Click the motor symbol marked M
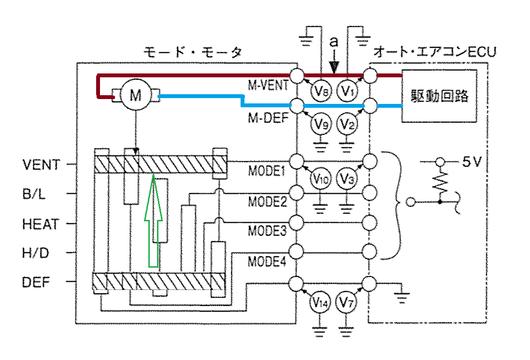pos(136,95)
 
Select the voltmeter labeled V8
pos(321,90)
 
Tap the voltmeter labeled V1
pos(347,90)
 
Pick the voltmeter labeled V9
pos(321,124)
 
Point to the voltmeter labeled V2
pos(347,124)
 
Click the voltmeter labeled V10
pos(320,178)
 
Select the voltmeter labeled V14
pos(320,302)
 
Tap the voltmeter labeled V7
pos(346,302)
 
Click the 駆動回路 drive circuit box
pos(439,96)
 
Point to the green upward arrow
pos(154,220)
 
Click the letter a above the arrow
pos(334,42)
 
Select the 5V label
pos(472,162)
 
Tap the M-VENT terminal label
pos(268,85)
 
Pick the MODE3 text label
pos(267,230)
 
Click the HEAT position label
pos(41,224)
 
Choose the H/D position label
pos(35,253)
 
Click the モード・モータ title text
pos(193,52)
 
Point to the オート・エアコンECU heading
pos(435,52)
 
